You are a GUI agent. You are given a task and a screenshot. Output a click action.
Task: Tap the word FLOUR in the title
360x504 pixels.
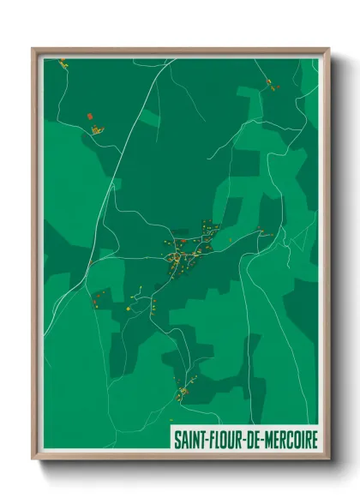click(x=222, y=439)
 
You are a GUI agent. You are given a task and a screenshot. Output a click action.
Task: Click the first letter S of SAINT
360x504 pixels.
click(x=177, y=439)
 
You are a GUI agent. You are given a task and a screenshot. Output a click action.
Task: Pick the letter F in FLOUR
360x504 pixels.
click(x=208, y=439)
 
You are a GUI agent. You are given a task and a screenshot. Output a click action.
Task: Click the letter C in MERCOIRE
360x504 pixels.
click(x=282, y=439)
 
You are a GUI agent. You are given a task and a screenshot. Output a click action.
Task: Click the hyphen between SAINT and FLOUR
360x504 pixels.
click(x=204, y=440)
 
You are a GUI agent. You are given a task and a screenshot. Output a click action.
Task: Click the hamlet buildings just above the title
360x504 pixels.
click(x=182, y=392)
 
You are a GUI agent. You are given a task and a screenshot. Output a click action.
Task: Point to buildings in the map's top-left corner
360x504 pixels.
click(x=63, y=62)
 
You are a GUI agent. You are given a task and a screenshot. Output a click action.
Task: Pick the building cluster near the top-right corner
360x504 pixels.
click(x=269, y=83)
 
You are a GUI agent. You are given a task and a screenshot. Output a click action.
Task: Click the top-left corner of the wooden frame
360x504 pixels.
click(x=33, y=49)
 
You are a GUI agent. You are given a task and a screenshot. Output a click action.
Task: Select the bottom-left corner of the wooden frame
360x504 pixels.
click(x=33, y=459)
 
